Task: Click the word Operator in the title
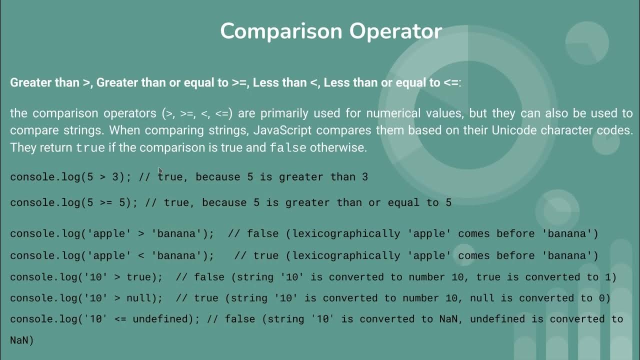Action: click(395, 31)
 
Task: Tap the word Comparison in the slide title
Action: click(281, 31)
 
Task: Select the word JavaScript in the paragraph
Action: click(282, 130)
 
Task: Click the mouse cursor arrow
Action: click(160, 171)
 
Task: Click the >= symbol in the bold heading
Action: click(239, 83)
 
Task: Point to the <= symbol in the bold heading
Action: click(450, 83)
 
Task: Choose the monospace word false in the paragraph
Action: click(288, 148)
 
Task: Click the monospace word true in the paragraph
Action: click(90, 148)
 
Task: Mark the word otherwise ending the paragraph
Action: click(338, 147)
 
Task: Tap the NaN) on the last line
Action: click(21, 340)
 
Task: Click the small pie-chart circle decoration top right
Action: click(587, 43)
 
